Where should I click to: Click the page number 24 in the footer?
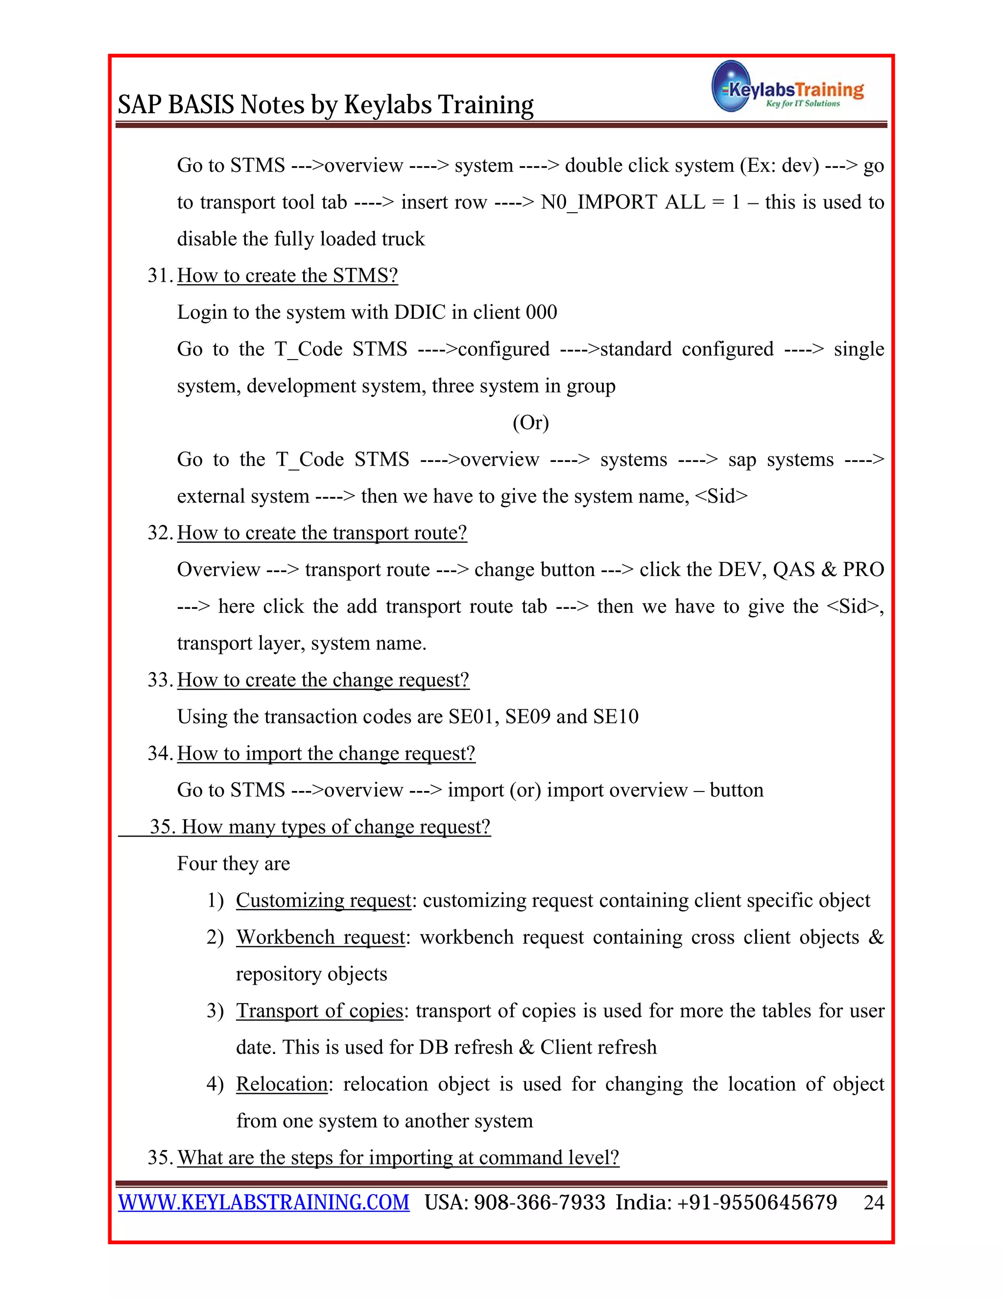[x=874, y=1202]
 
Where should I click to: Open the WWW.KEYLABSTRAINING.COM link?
[x=264, y=1202]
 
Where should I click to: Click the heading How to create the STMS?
[x=287, y=275]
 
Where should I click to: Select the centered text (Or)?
[x=530, y=423]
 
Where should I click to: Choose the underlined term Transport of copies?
[x=320, y=1010]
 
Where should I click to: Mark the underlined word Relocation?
[x=282, y=1084]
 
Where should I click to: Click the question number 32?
[x=159, y=532]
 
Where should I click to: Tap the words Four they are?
[x=234, y=864]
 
